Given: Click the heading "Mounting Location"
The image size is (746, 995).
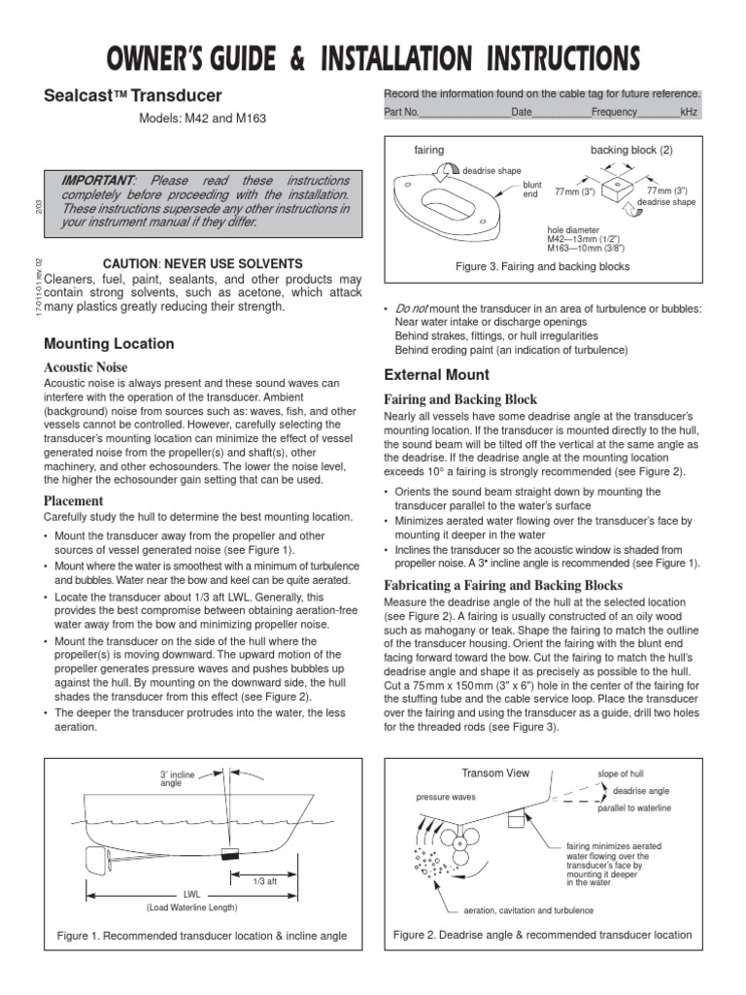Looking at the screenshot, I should pyautogui.click(x=110, y=344).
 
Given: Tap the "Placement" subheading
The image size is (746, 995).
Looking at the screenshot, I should pyautogui.click(x=74, y=500).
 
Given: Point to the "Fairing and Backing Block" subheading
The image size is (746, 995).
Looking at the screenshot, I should pyautogui.click(x=460, y=399).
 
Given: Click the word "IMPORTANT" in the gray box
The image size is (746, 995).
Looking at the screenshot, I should pyautogui.click(x=98, y=181).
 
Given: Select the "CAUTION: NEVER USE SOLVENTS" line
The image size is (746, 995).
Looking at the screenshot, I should pyautogui.click(x=203, y=263).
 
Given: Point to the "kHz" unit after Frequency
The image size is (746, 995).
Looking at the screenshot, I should pyautogui.click(x=689, y=113).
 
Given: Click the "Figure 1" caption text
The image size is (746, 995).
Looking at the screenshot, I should pyautogui.click(x=203, y=936).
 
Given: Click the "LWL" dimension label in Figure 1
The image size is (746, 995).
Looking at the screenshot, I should pyautogui.click(x=191, y=893).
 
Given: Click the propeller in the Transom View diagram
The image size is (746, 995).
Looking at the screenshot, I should pyautogui.click(x=455, y=844).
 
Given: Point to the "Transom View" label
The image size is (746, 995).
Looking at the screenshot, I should pyautogui.click(x=495, y=772).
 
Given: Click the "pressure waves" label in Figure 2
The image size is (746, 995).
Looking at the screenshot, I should pyautogui.click(x=445, y=796).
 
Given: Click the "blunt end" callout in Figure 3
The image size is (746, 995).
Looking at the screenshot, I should pyautogui.click(x=531, y=189).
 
